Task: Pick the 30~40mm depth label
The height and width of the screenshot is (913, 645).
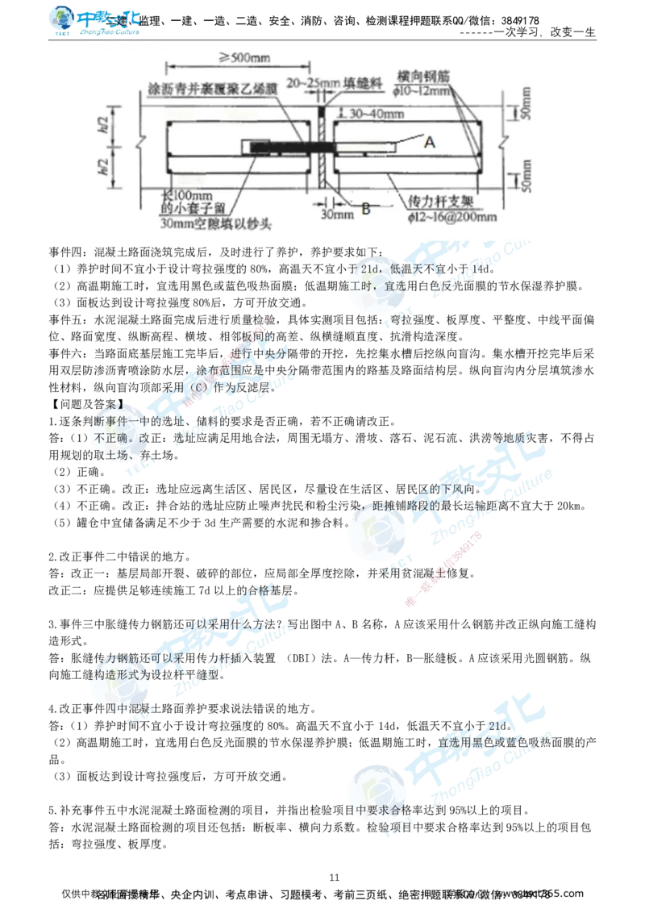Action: (x=374, y=113)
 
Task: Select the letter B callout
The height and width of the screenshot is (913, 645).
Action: (x=365, y=209)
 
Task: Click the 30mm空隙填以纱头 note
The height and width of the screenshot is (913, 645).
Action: (x=215, y=223)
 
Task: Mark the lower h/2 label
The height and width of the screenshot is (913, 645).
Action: (x=114, y=166)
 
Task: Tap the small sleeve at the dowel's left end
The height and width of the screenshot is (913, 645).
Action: (x=260, y=148)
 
